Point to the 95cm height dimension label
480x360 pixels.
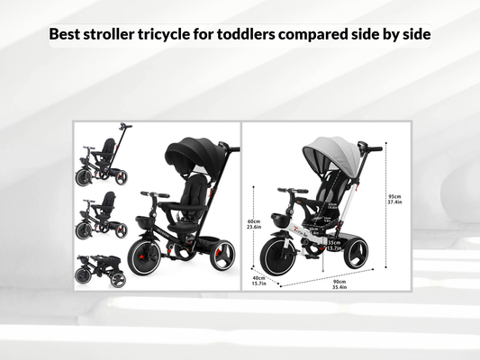[x=394, y=199]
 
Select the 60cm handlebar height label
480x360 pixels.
[x=254, y=224]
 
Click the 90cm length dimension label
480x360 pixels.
[x=340, y=283]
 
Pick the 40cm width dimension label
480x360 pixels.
[x=259, y=281]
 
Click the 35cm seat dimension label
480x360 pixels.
[x=333, y=245]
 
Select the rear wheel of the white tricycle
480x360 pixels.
[x=356, y=254]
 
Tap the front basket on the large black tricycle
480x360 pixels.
[x=145, y=222]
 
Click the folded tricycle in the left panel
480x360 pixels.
[x=101, y=269]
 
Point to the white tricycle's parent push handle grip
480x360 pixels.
[x=370, y=148]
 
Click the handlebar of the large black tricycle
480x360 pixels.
[x=154, y=194]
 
